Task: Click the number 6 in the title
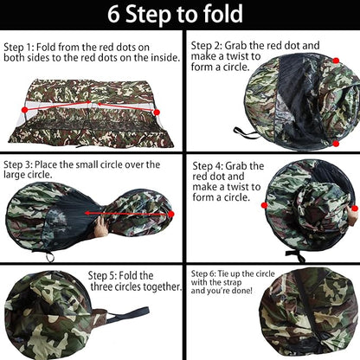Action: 113,14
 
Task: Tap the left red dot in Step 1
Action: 25,110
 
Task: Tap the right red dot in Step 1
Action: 157,112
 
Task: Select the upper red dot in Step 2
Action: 336,61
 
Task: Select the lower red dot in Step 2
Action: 336,144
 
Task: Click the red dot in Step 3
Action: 171,214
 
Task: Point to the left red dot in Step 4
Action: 264,205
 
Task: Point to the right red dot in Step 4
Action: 355,209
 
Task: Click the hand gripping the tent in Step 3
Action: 101,227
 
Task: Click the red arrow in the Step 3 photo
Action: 126,214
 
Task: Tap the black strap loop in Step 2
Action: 245,132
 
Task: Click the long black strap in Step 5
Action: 128,314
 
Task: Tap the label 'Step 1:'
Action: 19,47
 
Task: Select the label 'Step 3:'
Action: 18,164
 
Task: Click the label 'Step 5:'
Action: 102,275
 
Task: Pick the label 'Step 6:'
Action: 203,273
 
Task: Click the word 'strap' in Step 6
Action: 232,282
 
